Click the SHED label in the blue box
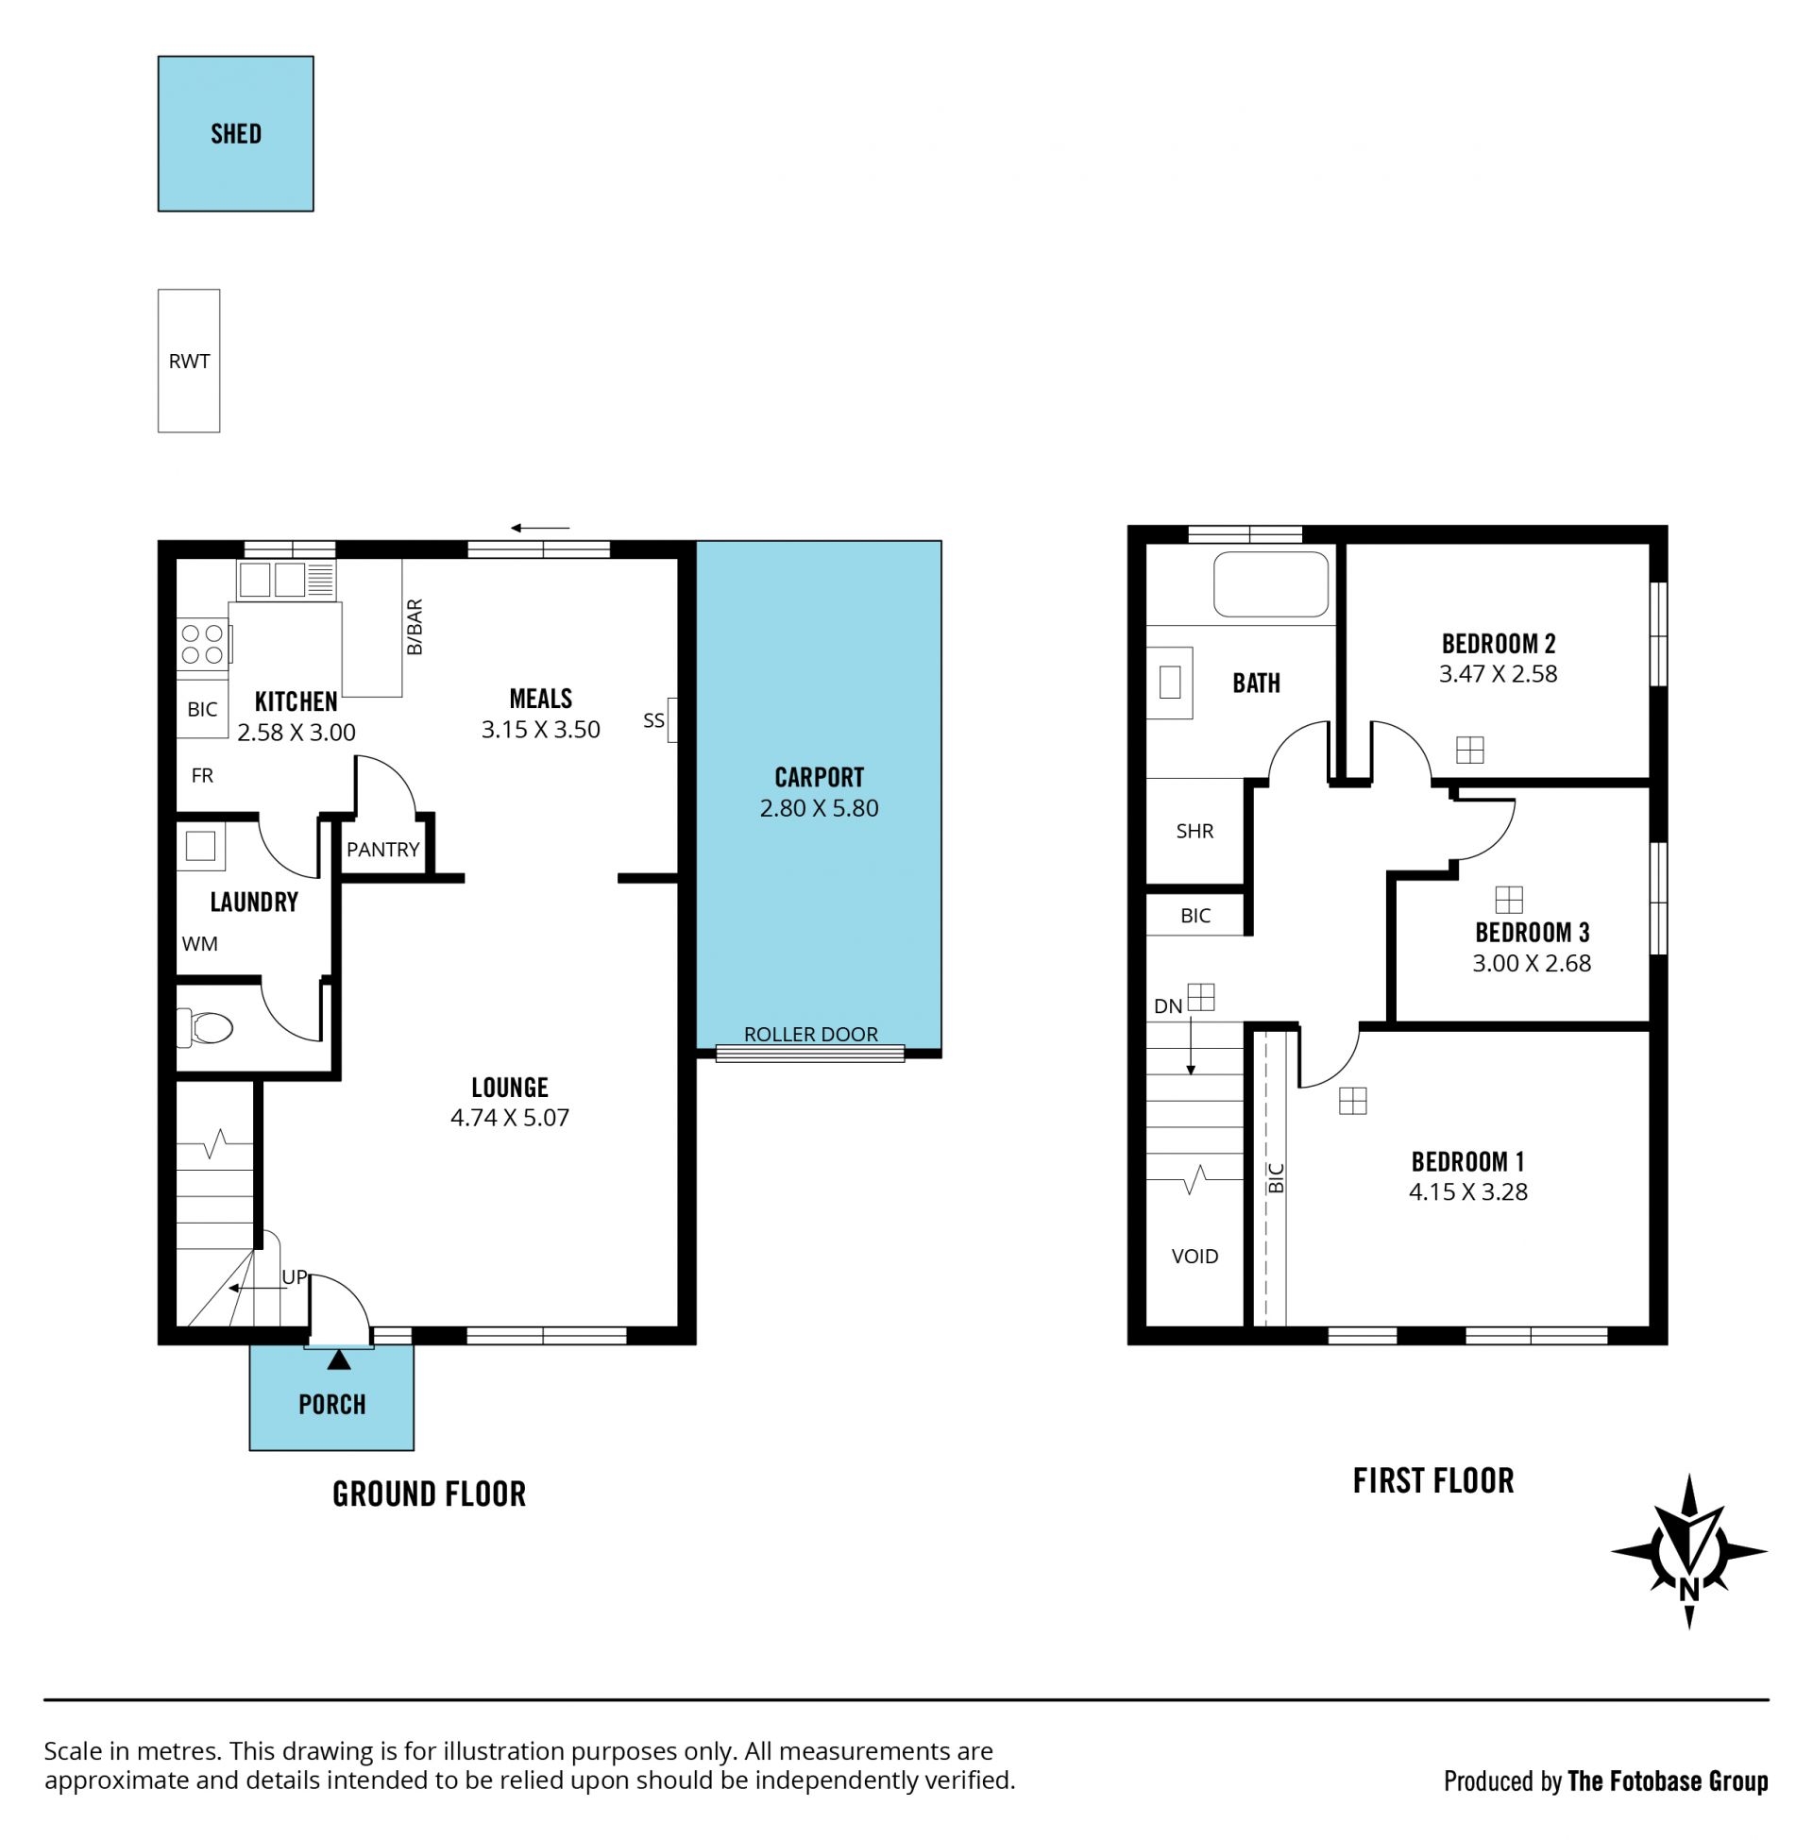(x=236, y=134)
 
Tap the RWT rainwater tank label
(x=189, y=362)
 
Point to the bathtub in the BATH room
(x=1271, y=584)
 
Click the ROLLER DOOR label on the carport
(x=811, y=1034)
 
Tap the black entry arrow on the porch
(x=339, y=1360)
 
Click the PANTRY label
(x=382, y=850)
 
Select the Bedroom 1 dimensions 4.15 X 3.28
(x=1468, y=1192)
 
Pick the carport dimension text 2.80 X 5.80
(x=819, y=808)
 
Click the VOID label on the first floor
(x=1195, y=1257)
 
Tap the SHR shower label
(x=1195, y=831)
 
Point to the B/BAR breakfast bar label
(x=415, y=627)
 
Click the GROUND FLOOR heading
(x=430, y=1494)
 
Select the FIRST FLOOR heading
(x=1433, y=1481)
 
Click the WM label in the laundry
(x=200, y=943)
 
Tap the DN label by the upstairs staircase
(x=1168, y=1006)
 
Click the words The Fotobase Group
(x=1668, y=1781)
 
